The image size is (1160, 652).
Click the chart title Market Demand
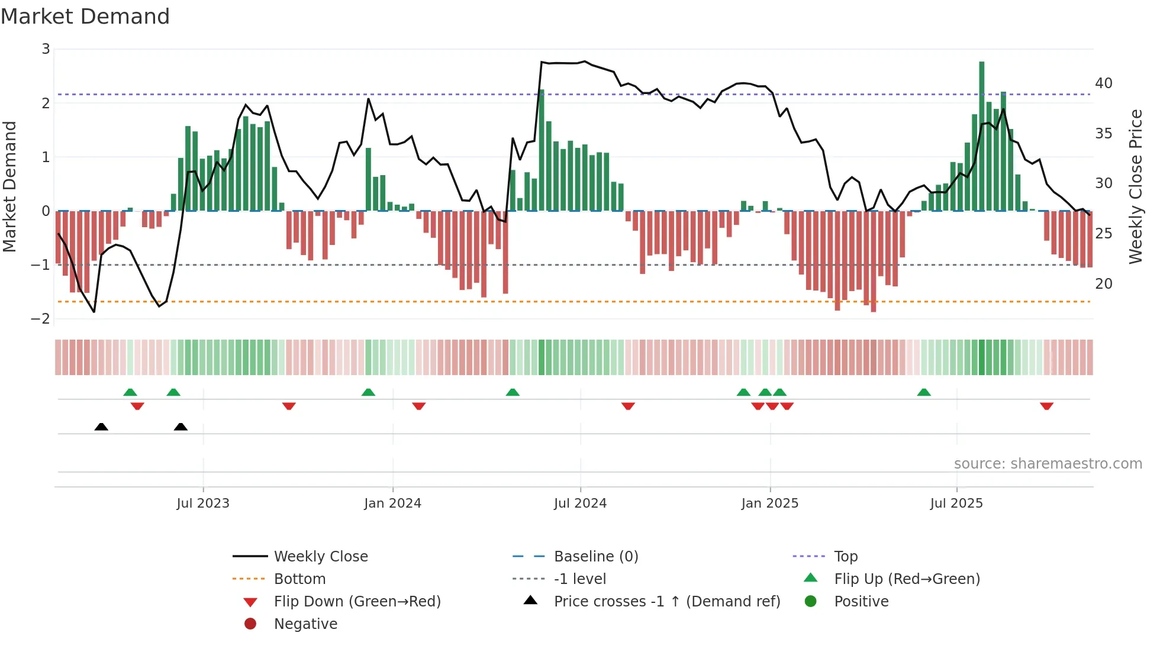(85, 17)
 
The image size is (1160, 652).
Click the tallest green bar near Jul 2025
(982, 136)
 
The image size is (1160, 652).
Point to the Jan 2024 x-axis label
(392, 503)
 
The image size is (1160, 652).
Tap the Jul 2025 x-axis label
(956, 503)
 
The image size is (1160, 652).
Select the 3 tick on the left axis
(46, 49)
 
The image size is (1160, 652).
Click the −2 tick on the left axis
(41, 319)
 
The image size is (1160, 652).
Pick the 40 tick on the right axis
(1103, 83)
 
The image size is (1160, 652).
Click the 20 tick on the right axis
(1103, 284)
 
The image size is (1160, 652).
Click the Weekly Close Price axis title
(1135, 186)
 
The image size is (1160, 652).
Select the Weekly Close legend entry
(320, 557)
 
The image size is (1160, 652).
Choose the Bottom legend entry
(299, 579)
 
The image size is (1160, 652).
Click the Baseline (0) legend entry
(595, 557)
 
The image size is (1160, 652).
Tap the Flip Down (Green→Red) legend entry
(357, 602)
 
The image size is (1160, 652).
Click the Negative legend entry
(305, 624)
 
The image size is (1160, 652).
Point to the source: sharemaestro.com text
(1048, 464)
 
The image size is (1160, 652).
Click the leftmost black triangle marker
(101, 427)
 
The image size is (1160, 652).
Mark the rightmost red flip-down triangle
(1046, 406)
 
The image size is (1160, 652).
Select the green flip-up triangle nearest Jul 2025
(924, 392)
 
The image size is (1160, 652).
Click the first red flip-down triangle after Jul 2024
(628, 406)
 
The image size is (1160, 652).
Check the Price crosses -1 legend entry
(666, 602)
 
